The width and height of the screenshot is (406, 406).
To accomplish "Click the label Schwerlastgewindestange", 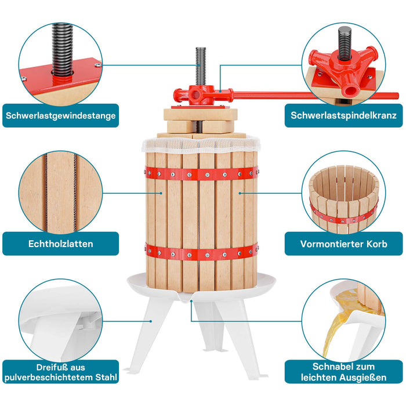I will pyautogui.click(x=61, y=115).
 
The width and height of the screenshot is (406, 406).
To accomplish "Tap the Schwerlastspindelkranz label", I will pyautogui.click(x=344, y=115).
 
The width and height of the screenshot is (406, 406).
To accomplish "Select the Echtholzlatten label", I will pyautogui.click(x=61, y=244).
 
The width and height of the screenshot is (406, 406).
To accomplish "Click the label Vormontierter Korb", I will pyautogui.click(x=344, y=244).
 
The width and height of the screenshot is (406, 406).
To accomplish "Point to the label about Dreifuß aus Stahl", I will pyautogui.click(x=61, y=372).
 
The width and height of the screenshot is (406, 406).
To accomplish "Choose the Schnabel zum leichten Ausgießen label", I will pyautogui.click(x=344, y=372).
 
